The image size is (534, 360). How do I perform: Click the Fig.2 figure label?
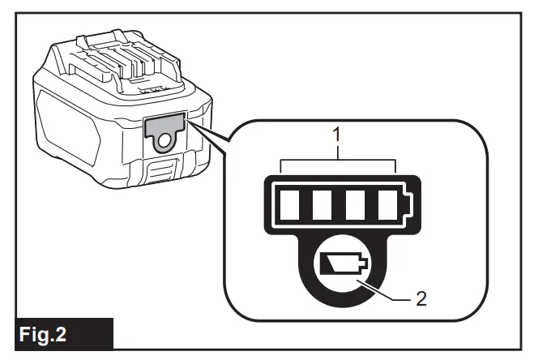57,334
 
